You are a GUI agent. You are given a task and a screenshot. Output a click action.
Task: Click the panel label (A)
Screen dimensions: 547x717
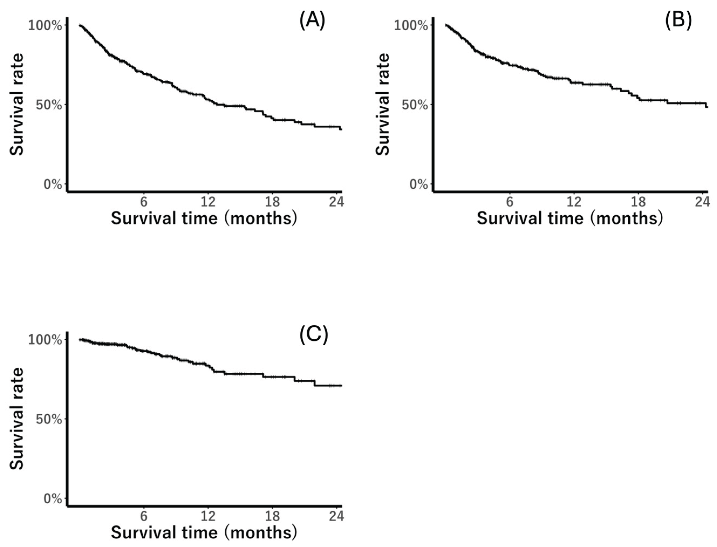coord(312,22)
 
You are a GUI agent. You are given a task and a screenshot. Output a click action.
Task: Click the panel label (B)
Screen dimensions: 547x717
coord(678,22)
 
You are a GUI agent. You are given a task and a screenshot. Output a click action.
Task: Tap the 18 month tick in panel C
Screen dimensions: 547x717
coord(272,516)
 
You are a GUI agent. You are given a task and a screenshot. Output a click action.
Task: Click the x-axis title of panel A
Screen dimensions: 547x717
coord(204,219)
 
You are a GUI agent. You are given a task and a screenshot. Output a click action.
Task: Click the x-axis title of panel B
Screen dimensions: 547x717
coord(570,219)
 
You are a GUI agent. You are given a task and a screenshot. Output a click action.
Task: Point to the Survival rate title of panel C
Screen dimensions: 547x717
coord(17,418)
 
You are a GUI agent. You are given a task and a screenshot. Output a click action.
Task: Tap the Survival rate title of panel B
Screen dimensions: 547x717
coord(383,104)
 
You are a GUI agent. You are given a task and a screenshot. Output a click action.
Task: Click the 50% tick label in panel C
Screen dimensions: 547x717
coord(49,419)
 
